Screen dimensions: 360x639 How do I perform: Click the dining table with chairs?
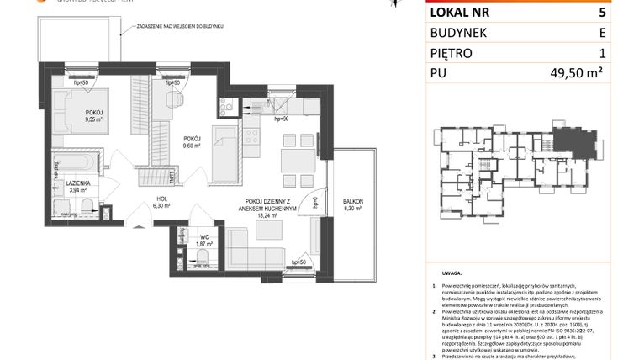click(x=294, y=161)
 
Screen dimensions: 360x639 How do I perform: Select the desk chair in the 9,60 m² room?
click(x=174, y=98)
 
